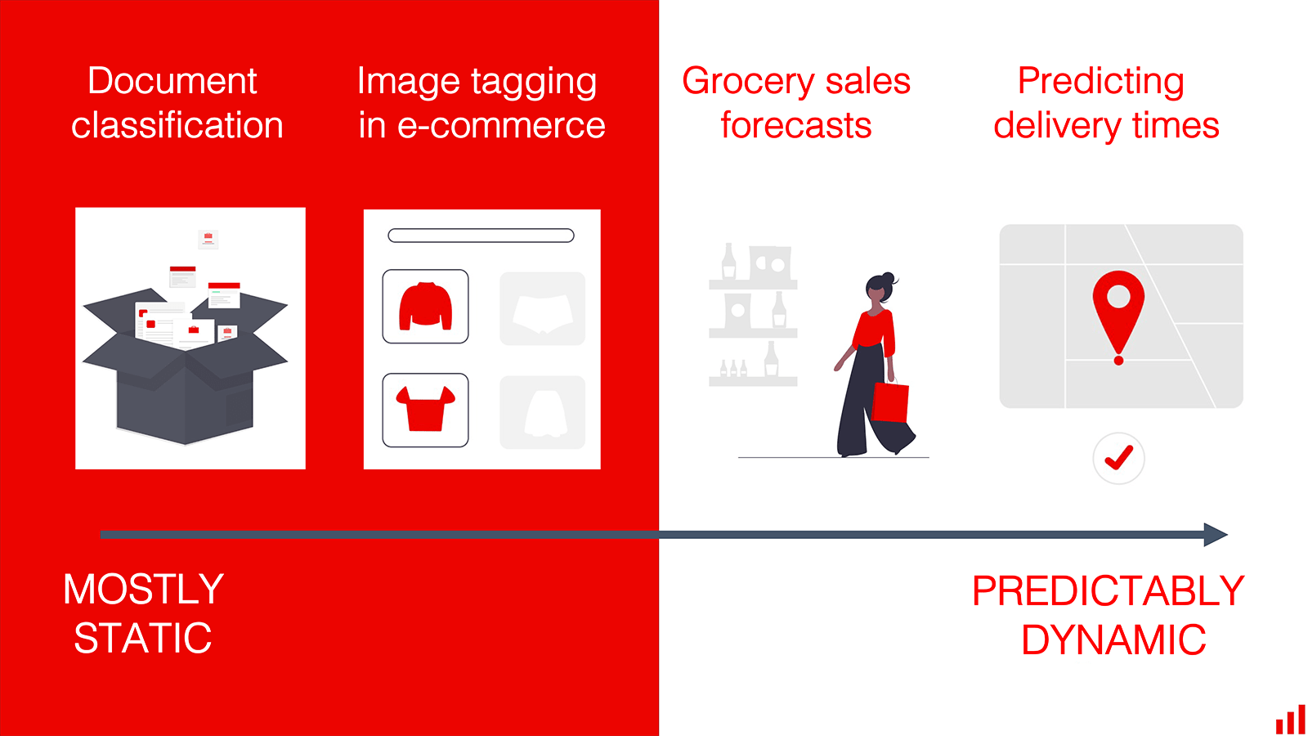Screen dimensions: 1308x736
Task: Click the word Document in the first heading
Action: click(x=172, y=81)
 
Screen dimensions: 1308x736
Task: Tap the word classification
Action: click(x=177, y=125)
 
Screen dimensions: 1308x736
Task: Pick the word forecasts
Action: click(x=796, y=125)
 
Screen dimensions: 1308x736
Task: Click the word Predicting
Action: click(x=1100, y=82)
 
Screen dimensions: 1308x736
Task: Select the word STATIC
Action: click(x=143, y=638)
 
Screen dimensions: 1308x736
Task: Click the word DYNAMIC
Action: click(x=1113, y=640)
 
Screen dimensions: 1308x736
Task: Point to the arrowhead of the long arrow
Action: click(x=1216, y=535)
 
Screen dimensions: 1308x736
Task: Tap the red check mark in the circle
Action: click(x=1119, y=458)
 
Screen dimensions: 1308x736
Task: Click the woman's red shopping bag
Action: click(x=890, y=401)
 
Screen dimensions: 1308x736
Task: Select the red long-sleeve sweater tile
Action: click(x=425, y=306)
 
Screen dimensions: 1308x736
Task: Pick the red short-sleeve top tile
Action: click(x=425, y=410)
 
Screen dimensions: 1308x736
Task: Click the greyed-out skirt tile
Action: click(x=543, y=412)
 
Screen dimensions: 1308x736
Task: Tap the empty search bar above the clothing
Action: click(x=482, y=236)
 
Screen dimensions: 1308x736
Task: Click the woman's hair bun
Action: click(x=888, y=277)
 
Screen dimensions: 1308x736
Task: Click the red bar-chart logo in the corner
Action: click(x=1290, y=720)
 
